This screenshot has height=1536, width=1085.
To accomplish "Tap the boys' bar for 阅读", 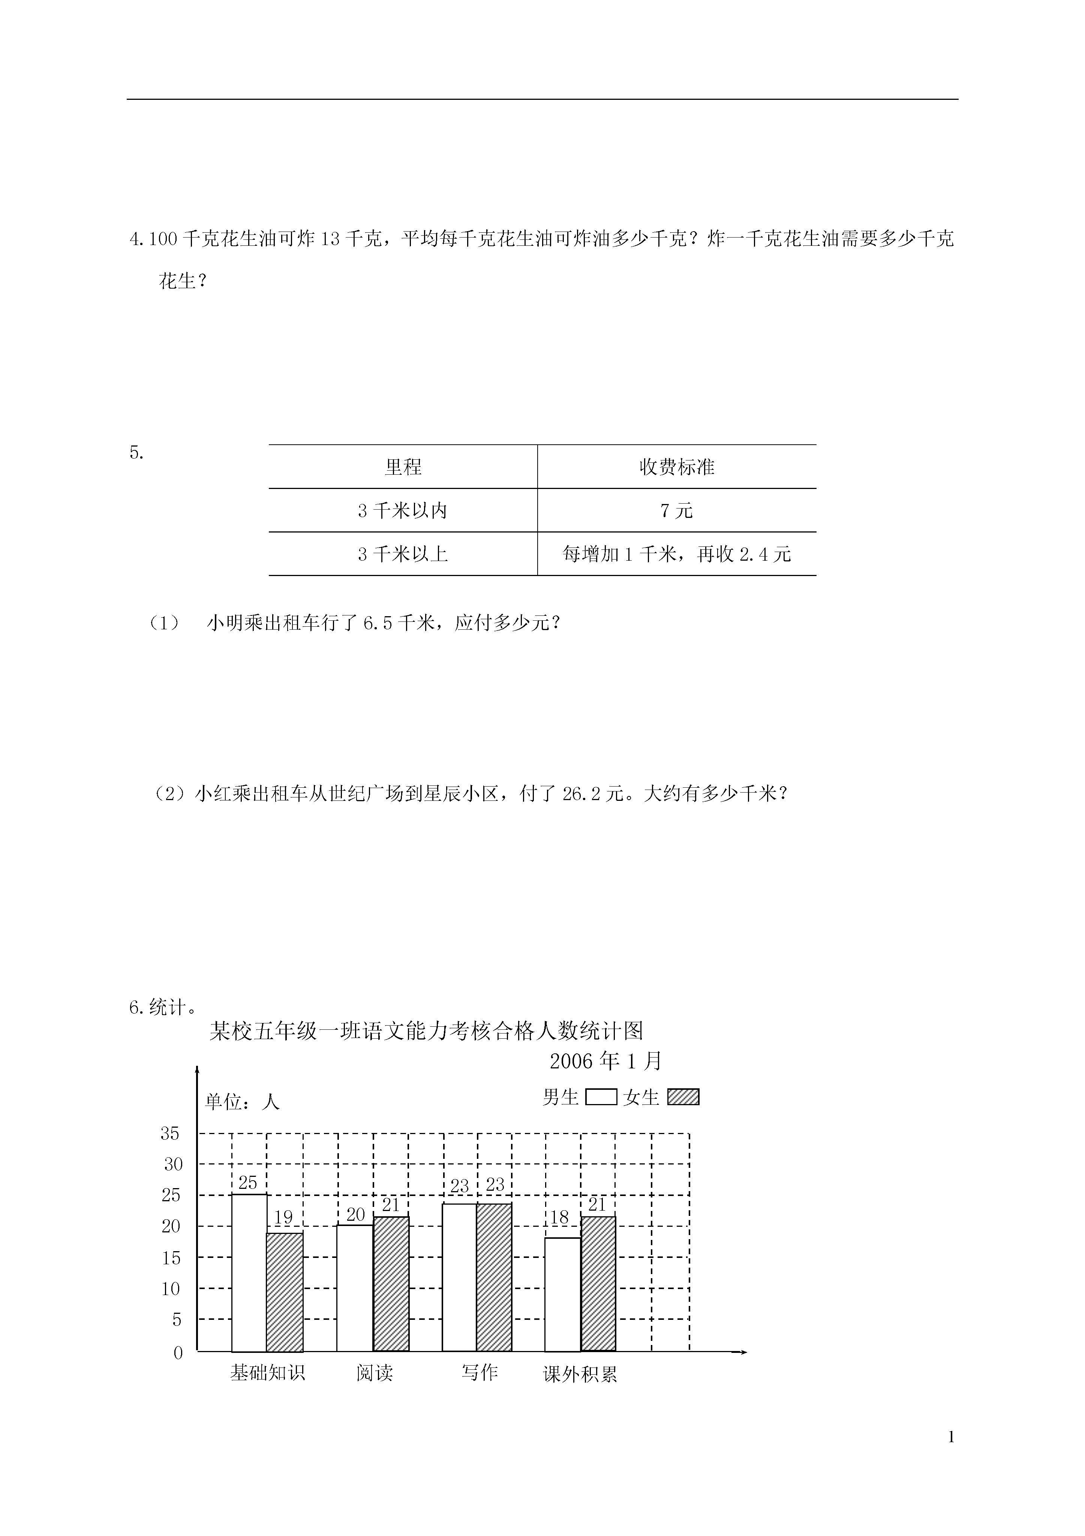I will click(354, 1288).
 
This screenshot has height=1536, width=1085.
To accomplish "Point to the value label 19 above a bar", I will click(283, 1217).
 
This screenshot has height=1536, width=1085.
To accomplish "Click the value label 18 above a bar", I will click(559, 1217).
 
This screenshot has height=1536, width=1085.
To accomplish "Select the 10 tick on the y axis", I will click(171, 1288).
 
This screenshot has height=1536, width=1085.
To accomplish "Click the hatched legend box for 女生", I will click(683, 1097).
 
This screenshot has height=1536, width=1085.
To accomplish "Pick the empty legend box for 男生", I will click(601, 1097).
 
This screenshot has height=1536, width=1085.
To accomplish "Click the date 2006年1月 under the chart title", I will click(606, 1061).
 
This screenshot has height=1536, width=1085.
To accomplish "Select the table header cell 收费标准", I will click(677, 467).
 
